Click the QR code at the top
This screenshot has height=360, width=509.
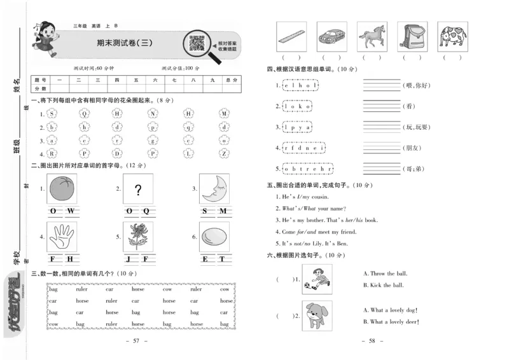point(198,43)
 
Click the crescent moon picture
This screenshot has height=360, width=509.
point(214,189)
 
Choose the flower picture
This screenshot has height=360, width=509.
point(138,237)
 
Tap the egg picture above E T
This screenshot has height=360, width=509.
point(214,237)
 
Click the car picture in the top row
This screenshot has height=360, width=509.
point(331,36)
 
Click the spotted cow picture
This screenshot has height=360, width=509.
point(452,36)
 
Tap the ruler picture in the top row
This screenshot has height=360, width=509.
point(291,36)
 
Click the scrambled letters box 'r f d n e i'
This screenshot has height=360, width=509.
point(305,148)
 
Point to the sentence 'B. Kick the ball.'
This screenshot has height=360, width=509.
point(383,286)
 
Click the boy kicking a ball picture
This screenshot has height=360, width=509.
point(316,279)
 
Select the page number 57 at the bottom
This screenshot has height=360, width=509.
point(137,342)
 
